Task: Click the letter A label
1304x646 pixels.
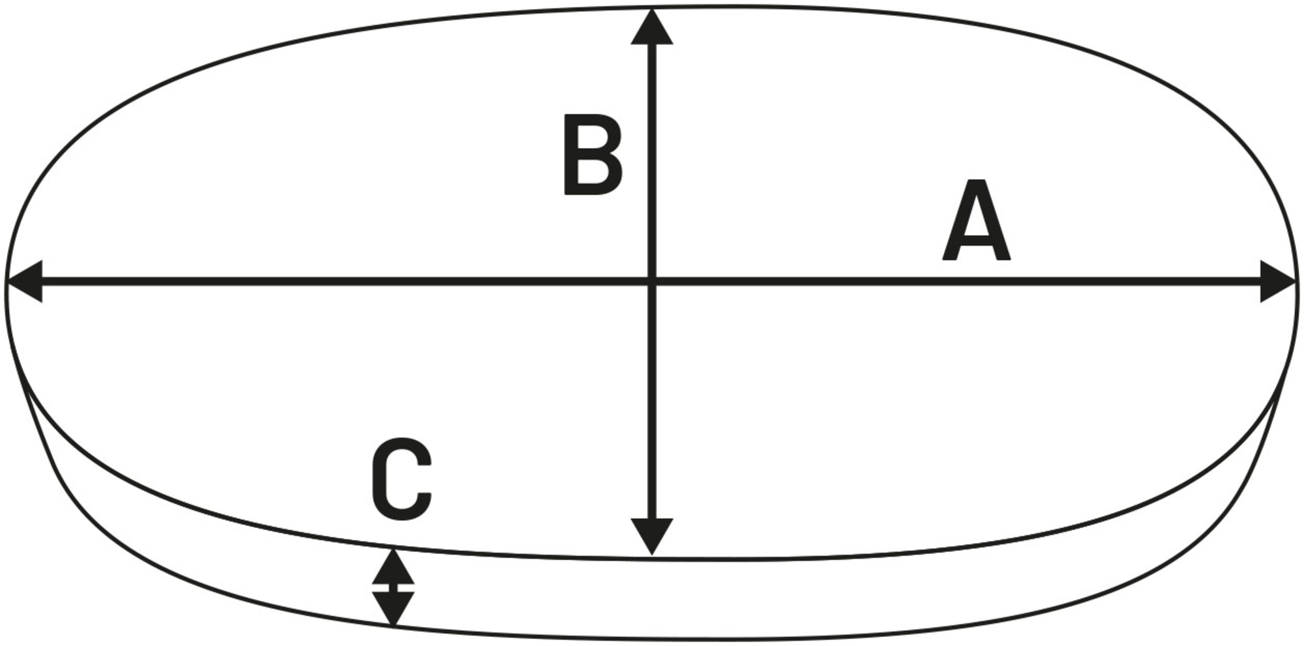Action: point(976,221)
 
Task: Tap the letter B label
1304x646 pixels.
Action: point(592,154)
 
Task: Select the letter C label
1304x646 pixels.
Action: point(402,478)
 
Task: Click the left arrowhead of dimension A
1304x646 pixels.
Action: point(25,282)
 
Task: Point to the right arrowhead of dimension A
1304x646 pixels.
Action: point(1278,282)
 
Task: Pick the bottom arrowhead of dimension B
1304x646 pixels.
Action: point(652,536)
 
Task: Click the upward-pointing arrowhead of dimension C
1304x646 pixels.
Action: point(393,567)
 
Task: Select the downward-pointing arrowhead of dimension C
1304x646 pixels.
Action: point(393,609)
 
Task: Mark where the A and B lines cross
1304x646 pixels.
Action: point(652,282)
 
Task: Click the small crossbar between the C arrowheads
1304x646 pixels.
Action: point(393,588)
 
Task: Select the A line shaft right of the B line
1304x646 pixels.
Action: point(958,282)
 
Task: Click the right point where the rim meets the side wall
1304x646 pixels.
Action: point(1281,385)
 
